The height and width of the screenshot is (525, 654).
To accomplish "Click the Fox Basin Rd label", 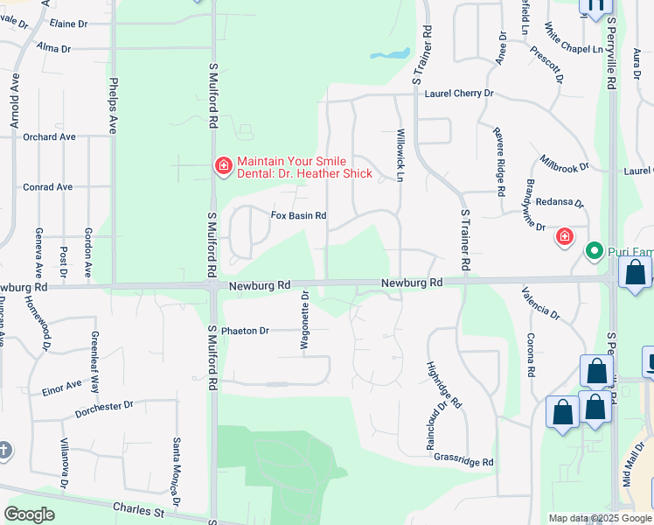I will click(298, 215).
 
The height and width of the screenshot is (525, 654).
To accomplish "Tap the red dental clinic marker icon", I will click(224, 165).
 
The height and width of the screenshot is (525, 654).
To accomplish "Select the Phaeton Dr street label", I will click(245, 331).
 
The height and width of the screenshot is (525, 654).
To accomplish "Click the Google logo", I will click(29, 514).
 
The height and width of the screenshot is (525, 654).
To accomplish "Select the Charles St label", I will click(139, 508).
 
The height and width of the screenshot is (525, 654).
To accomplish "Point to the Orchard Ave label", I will click(50, 136).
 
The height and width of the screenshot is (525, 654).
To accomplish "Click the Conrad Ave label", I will click(48, 187).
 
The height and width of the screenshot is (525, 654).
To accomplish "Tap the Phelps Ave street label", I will click(113, 105).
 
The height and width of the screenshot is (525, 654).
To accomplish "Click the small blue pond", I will click(390, 54).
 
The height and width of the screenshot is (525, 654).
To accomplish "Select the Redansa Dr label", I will click(554, 202).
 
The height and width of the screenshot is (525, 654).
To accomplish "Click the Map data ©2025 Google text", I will click(599, 518).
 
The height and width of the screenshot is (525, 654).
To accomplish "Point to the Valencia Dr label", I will click(540, 302).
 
